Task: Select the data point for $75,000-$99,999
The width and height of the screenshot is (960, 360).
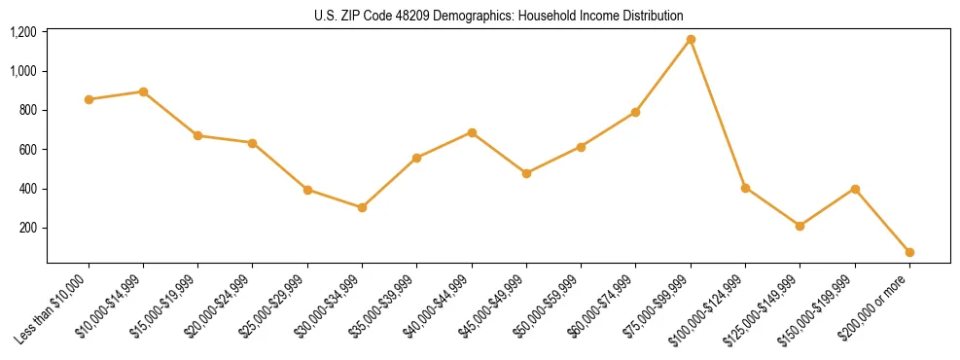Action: coord(691,39)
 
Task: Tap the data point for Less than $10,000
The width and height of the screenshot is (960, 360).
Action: coord(89,99)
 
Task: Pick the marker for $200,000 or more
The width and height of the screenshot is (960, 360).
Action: coord(909,252)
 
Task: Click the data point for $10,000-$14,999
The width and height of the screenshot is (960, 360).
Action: coord(143,91)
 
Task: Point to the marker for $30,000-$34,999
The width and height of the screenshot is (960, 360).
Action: coord(362,207)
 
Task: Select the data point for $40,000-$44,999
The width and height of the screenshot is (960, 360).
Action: coord(472,132)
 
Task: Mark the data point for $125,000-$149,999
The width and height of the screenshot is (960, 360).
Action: coord(800,226)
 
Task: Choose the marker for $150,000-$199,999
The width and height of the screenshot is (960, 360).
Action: coord(855,189)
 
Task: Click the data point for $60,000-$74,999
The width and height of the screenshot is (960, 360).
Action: coord(635,112)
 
